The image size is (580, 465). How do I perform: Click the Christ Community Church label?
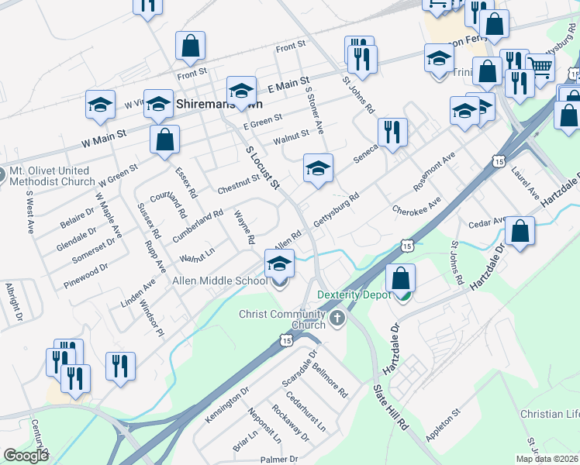[x=282, y=319]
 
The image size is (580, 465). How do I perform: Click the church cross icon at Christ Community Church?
[x=337, y=317]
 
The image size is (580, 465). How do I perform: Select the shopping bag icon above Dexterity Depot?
[x=400, y=278]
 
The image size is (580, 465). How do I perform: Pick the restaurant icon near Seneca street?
[x=392, y=132]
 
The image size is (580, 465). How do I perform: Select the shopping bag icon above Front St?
[x=190, y=46]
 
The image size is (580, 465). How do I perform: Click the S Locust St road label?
[x=262, y=167]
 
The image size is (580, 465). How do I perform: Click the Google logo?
[x=26, y=456]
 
